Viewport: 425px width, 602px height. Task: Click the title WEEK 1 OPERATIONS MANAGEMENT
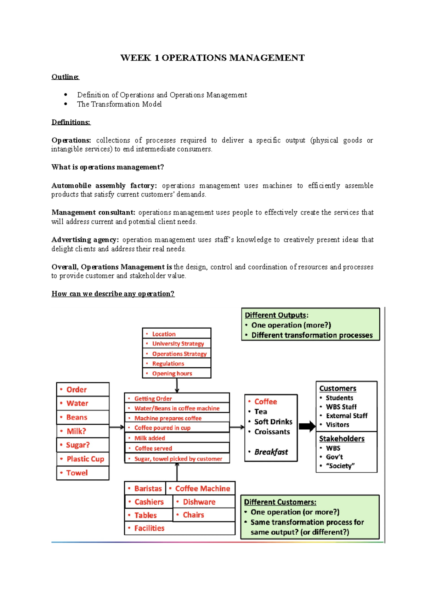point(212,58)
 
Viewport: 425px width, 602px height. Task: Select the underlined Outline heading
point(65,77)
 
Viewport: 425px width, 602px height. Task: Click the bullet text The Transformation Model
point(119,104)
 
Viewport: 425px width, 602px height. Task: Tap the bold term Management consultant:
point(93,212)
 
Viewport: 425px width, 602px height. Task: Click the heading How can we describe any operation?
point(113,294)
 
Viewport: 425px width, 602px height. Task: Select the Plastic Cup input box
point(83,459)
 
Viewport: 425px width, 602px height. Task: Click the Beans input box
point(83,417)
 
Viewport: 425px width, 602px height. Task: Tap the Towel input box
point(83,473)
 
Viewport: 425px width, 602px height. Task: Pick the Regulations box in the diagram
point(176,363)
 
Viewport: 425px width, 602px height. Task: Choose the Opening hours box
point(176,373)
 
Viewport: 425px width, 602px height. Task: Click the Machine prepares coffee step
point(177,418)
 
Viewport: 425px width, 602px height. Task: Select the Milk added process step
point(177,438)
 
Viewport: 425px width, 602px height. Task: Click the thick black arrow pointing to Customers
point(307,427)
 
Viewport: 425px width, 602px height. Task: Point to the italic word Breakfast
point(271,452)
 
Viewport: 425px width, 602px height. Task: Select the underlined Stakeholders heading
point(342,439)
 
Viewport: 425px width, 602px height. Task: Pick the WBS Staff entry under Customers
point(341,407)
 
